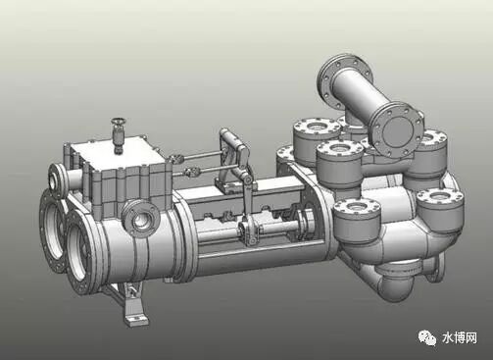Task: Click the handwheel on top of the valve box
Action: click(119, 122)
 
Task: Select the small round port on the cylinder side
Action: click(141, 220)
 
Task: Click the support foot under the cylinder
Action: click(133, 302)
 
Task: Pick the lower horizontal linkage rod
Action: click(209, 169)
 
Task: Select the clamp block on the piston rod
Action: click(250, 232)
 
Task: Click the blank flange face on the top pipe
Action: click(397, 129)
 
